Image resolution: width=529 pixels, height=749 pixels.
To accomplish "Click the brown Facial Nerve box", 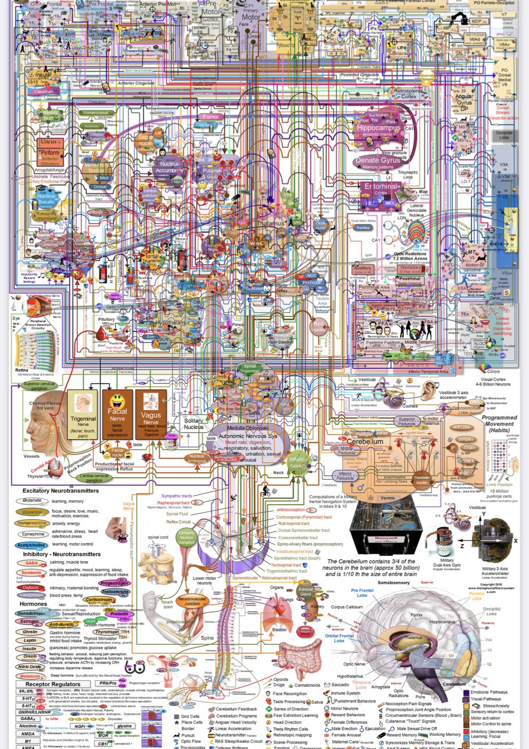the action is coord(117,414).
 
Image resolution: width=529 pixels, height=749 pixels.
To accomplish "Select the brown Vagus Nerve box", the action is coord(151,414).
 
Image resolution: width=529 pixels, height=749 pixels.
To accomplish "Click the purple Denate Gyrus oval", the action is coord(378,161).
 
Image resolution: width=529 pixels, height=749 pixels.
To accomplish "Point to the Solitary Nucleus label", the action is coord(194,424).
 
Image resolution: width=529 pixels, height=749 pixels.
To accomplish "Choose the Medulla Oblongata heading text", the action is coord(248,428).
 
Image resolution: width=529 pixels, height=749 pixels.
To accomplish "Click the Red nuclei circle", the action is coord(319,326).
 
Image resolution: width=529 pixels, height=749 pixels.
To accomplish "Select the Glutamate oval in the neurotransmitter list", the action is coord(32,501).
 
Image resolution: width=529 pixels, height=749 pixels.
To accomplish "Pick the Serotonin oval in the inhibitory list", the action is coord(31,573).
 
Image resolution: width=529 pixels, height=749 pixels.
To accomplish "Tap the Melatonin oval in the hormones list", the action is coord(31,676).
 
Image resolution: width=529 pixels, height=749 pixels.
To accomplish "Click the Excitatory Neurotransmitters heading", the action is coord(61,491).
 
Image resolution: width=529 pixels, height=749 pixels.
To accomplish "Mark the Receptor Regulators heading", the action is coord(53,684).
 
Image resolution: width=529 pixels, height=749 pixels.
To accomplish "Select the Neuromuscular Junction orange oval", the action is coord(192,601).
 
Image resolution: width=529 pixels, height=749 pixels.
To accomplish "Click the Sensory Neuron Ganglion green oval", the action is coord(186,537).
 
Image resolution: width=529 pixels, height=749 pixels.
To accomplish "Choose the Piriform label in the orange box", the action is coord(50,153).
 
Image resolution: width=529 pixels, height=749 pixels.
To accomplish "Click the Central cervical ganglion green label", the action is coord(94,478).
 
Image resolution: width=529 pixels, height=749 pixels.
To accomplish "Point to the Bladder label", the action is coord(279,629).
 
